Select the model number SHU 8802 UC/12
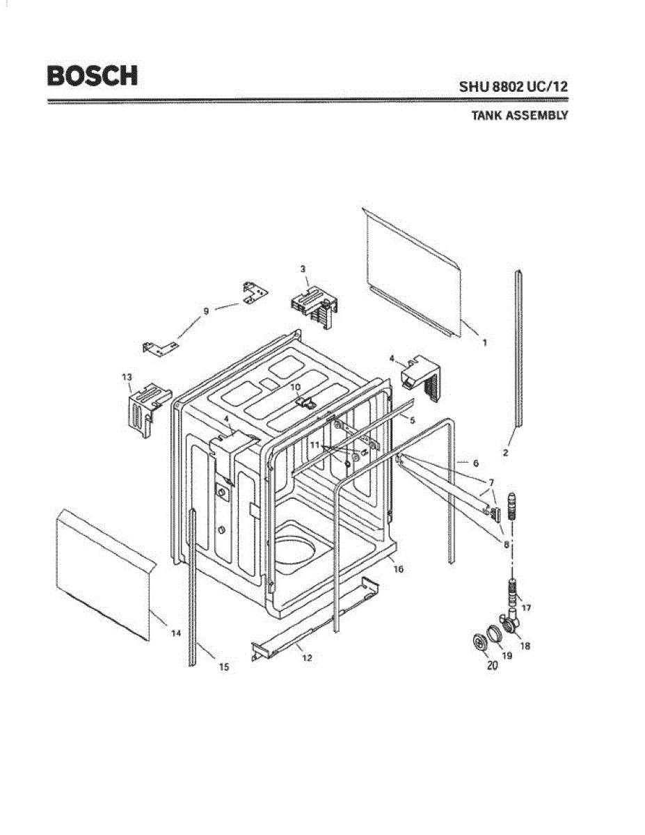click(513, 87)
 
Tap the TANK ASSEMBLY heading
click(519, 116)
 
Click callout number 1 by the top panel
click(484, 342)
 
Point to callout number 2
click(506, 452)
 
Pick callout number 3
click(303, 268)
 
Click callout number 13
click(127, 377)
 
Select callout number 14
click(176, 633)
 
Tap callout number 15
click(224, 667)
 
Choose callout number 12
click(307, 658)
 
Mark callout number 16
click(399, 568)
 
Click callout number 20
click(493, 665)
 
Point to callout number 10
click(295, 386)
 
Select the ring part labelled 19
click(493, 634)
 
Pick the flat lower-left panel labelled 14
click(104, 574)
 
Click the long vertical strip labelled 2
click(519, 348)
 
